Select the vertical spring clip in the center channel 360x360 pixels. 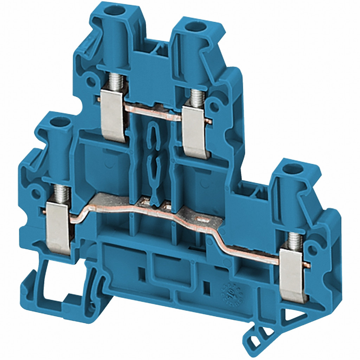(154, 158)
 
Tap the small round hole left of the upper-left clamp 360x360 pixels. (91, 81)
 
